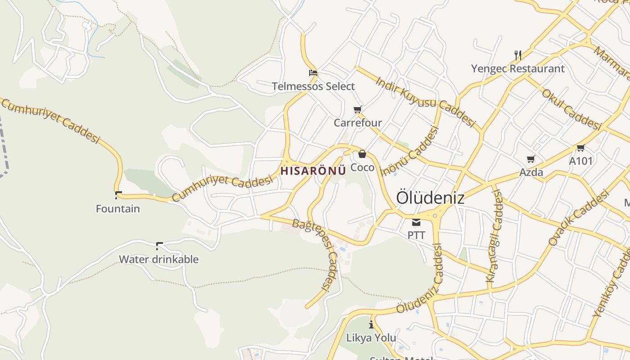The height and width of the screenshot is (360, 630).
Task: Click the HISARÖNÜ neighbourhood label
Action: click(313, 171)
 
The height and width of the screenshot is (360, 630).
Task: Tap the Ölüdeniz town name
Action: click(430, 198)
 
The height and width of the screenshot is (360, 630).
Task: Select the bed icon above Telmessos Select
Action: click(313, 72)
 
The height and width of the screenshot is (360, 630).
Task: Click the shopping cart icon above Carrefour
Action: click(358, 109)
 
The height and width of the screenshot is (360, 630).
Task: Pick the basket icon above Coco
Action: click(362, 154)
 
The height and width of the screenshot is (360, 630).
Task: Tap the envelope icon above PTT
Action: click(416, 222)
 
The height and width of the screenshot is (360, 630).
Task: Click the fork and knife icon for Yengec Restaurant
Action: click(518, 55)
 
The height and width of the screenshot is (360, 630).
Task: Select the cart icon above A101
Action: click(581, 148)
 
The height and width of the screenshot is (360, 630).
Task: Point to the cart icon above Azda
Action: click(531, 159)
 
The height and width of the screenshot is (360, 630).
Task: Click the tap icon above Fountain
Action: click(118, 195)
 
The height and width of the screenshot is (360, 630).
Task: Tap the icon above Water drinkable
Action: click(159, 246)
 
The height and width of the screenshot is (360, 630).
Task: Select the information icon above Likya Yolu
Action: click(371, 324)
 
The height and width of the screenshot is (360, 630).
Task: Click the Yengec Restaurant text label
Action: click(517, 69)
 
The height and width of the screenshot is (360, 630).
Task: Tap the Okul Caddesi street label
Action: click(571, 109)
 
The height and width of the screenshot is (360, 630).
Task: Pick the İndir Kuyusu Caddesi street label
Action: click(425, 102)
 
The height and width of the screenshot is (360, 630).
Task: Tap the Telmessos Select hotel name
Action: click(313, 86)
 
